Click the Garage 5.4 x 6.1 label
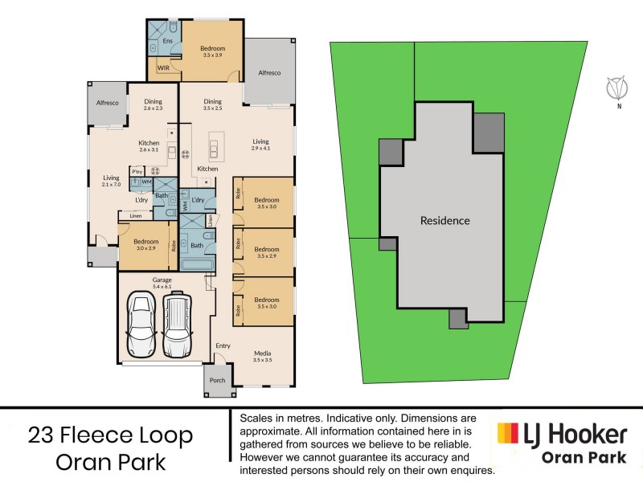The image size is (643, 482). [162, 283]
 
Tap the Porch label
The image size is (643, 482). [217, 380]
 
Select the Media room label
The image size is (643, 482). [262, 355]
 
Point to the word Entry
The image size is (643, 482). [222, 346]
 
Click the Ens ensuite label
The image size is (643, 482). [168, 40]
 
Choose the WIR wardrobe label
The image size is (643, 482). [163, 68]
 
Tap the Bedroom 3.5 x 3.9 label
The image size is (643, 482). [213, 52]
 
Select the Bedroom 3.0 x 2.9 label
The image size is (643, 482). [145, 245]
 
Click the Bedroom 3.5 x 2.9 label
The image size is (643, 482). [267, 252]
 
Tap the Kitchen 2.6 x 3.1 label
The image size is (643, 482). [149, 146]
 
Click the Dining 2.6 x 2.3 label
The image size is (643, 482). [153, 105]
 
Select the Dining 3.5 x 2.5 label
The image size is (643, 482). [212, 105]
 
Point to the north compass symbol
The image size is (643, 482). [618, 87]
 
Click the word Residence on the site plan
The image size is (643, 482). [444, 220]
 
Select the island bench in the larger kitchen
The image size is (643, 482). [215, 145]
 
